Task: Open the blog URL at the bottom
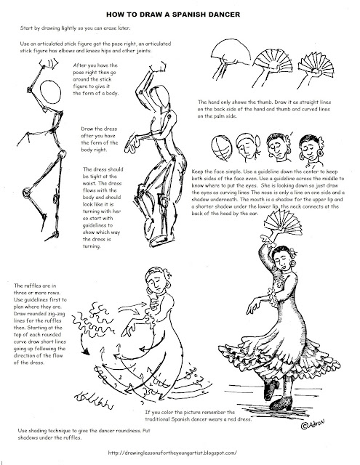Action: point(180,454)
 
